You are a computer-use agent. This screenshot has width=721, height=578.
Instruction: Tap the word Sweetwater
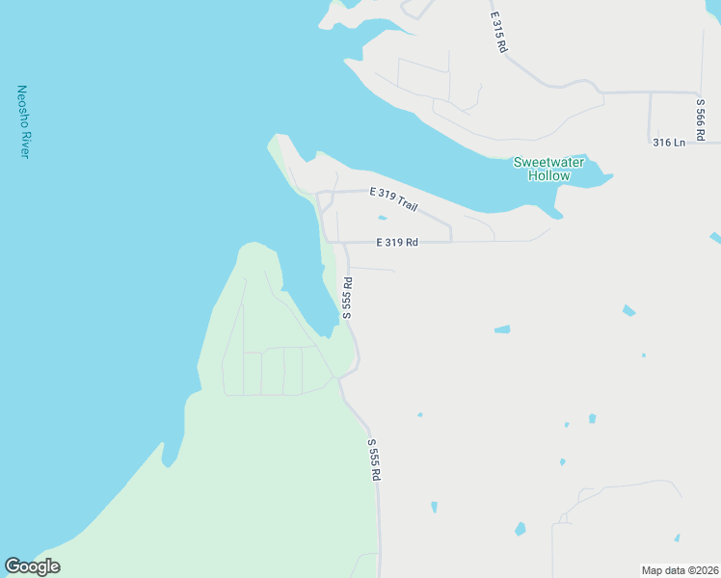click(x=548, y=163)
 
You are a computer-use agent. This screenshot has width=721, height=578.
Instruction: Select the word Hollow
click(x=548, y=176)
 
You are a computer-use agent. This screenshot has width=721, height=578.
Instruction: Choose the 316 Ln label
click(x=668, y=143)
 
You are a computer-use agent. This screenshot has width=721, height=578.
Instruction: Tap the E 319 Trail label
click(x=393, y=199)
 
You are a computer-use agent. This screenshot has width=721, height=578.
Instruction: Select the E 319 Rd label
click(x=396, y=242)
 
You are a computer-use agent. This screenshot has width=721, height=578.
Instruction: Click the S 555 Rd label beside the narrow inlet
click(x=347, y=299)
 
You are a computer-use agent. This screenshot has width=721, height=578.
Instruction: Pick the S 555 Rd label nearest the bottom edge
click(x=374, y=460)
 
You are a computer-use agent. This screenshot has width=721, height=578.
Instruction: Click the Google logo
click(x=32, y=566)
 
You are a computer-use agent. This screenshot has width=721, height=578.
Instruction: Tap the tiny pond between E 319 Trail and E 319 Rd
click(x=383, y=218)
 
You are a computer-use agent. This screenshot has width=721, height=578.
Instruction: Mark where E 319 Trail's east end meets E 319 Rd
click(x=450, y=241)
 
